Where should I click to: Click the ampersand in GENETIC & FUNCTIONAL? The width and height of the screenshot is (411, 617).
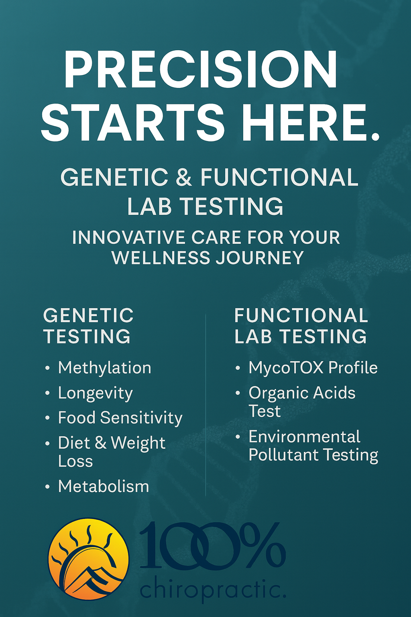184,177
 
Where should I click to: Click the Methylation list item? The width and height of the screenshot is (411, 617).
104,368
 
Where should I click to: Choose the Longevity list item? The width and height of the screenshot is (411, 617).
95,393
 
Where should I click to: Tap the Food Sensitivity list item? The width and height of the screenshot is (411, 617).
120,418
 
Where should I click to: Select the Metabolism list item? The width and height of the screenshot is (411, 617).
104,486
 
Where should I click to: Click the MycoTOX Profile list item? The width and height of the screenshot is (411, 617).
313,368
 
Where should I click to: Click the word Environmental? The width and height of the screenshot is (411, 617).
304,437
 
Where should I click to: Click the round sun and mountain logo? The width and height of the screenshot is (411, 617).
88,558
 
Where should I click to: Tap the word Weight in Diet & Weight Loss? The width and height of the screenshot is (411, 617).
138,443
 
